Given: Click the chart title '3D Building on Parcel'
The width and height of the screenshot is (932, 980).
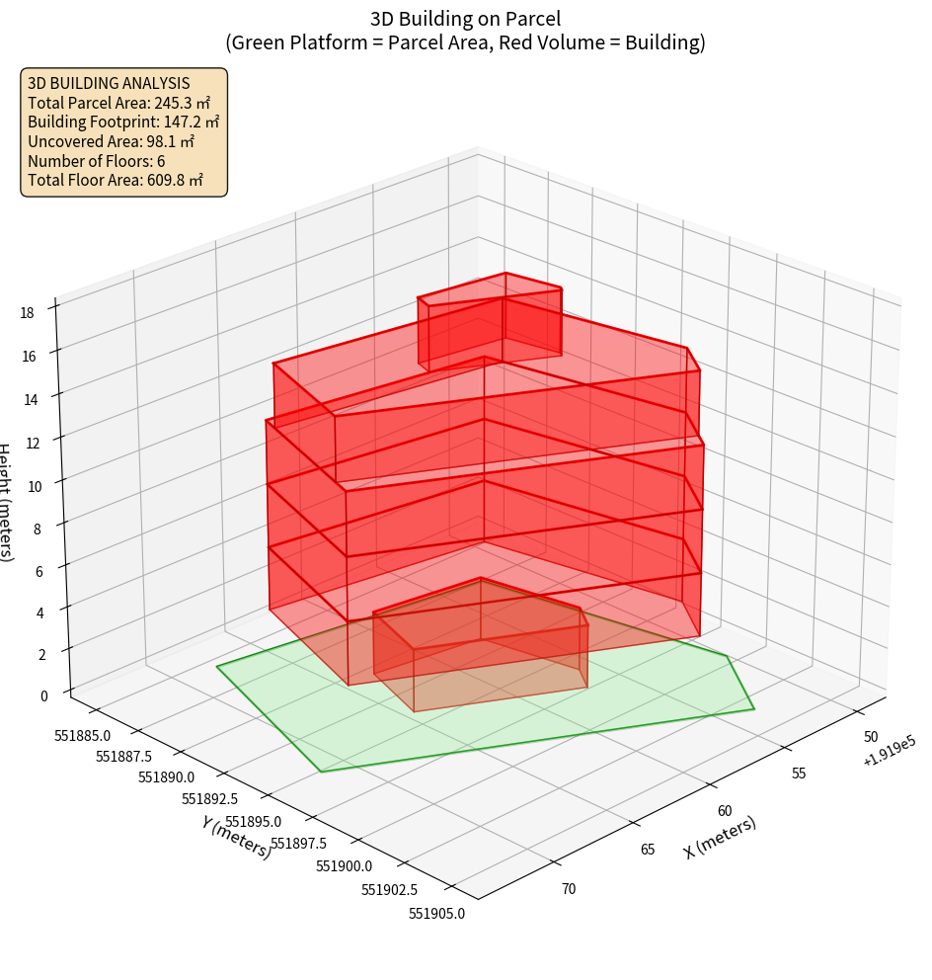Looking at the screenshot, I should [x=466, y=19].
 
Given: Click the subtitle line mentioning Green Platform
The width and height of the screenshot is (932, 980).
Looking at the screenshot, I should [x=466, y=42].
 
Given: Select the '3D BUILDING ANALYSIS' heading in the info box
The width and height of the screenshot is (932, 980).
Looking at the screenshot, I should [x=109, y=83].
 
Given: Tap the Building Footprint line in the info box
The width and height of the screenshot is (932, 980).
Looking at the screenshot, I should [x=123, y=122].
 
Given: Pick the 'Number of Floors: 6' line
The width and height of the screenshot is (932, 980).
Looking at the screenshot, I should [x=96, y=160].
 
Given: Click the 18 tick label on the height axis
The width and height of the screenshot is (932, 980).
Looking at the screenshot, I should [x=27, y=313].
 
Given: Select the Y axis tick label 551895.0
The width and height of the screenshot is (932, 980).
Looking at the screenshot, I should [x=253, y=822].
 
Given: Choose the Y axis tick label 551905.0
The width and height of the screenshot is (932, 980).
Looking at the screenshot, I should [x=436, y=913].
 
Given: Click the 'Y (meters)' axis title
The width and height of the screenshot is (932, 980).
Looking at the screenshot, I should [x=236, y=837].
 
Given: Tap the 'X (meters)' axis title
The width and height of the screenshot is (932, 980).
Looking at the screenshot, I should [x=721, y=838].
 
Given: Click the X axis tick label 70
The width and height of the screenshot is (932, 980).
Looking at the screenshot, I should [x=569, y=889].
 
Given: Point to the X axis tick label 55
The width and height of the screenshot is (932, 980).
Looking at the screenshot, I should [x=798, y=773].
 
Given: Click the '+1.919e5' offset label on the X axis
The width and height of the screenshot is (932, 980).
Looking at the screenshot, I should [x=888, y=756].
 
